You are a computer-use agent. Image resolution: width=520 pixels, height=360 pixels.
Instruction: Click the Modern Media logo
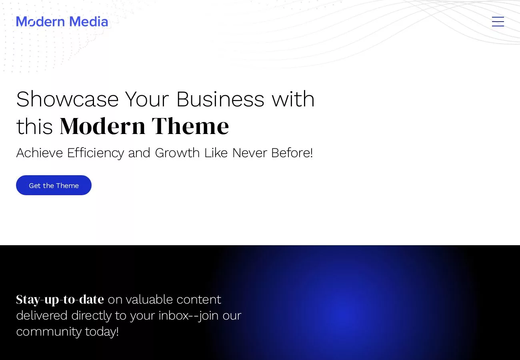tap(62, 22)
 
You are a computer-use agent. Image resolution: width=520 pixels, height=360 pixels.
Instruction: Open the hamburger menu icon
tap(498, 22)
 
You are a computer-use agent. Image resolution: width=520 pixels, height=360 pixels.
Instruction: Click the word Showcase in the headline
tap(67, 99)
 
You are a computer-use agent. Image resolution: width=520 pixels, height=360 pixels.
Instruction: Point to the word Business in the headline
tap(220, 99)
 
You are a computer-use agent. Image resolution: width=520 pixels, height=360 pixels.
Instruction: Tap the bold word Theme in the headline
tap(190, 126)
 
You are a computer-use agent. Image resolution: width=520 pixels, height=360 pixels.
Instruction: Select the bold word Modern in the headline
tap(102, 126)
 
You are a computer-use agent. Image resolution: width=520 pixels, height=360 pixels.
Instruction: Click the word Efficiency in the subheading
tap(96, 153)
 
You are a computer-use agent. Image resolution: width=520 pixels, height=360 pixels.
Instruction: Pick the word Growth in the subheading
tap(177, 153)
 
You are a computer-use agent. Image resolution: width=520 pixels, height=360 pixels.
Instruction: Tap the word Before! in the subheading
tap(292, 153)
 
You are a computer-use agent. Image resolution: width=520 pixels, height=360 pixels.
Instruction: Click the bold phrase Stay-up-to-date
tap(60, 300)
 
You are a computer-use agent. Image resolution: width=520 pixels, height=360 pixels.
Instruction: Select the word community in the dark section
tap(49, 332)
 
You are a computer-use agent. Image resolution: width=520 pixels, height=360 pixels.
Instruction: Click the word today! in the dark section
tap(102, 332)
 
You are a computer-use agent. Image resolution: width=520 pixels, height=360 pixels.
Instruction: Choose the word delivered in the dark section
tap(42, 316)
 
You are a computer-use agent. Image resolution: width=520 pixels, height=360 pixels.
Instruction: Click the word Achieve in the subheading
tap(40, 153)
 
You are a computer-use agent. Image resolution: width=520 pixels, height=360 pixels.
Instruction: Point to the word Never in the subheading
tap(249, 153)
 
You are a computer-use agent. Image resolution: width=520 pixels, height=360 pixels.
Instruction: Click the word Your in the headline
tap(147, 99)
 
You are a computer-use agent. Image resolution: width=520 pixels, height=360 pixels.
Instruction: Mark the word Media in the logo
tap(89, 22)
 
